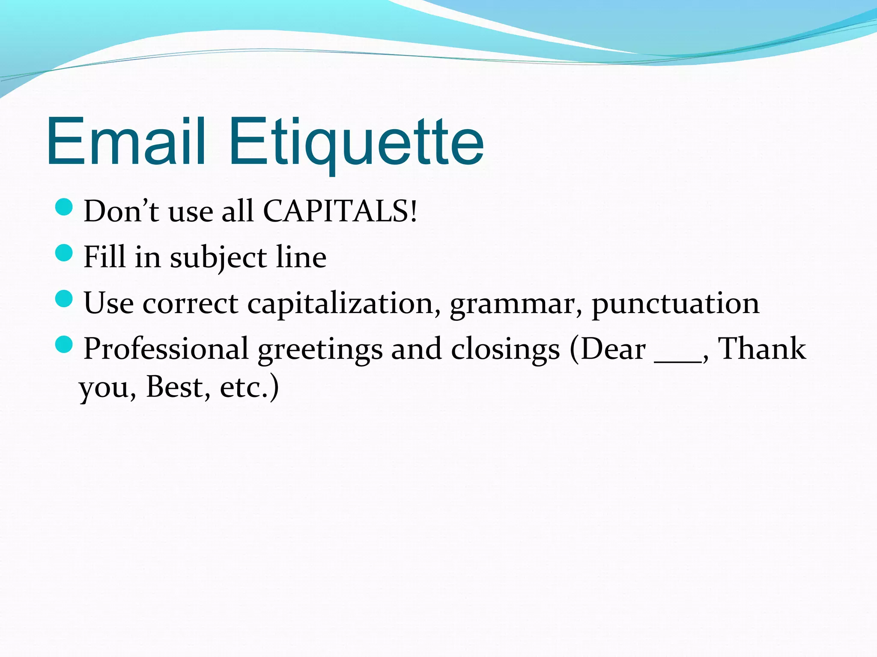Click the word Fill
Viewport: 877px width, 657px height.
point(104,257)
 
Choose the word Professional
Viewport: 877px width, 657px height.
point(166,349)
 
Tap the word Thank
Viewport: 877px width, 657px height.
point(761,348)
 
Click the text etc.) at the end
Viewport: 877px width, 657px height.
point(249,387)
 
